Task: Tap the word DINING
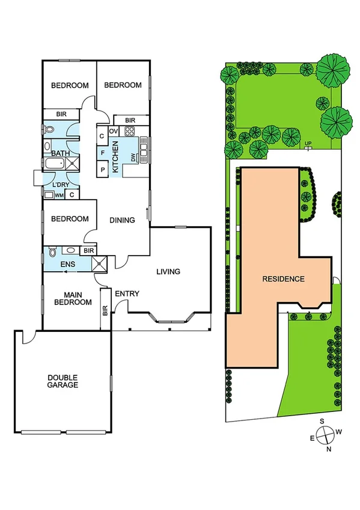122,220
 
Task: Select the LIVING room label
168,272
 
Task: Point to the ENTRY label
127,293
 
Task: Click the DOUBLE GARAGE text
63,381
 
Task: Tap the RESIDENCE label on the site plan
283,279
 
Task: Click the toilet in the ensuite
51,253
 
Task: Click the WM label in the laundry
59,195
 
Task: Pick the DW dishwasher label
133,158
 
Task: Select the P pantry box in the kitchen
103,170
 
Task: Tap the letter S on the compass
322,421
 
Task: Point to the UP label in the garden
308,143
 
